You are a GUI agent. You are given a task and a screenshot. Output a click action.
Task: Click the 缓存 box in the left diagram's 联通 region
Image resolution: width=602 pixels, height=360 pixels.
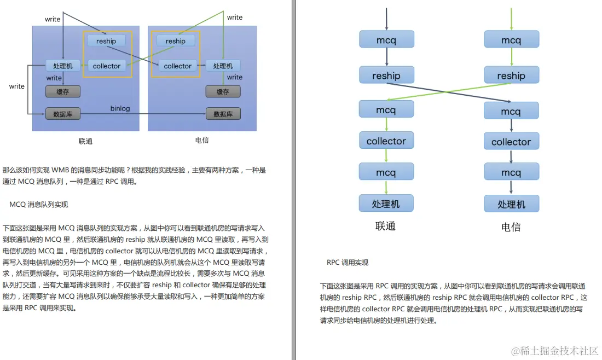[x=63, y=91]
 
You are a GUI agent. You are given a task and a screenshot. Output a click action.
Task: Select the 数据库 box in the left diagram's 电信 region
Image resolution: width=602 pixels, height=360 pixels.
[x=223, y=114]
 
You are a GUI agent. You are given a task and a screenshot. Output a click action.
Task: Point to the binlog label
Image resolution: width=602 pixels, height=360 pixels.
[x=120, y=108]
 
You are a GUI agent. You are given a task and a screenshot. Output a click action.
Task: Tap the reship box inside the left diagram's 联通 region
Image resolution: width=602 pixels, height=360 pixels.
[x=106, y=41]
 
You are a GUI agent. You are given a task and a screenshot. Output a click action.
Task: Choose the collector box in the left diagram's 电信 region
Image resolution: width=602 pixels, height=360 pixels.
[x=178, y=66]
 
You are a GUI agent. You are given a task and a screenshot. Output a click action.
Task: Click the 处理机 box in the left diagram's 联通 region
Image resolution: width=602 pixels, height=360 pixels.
[x=63, y=66]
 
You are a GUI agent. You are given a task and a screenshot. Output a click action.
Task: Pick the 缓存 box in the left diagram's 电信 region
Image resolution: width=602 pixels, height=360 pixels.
[x=223, y=91]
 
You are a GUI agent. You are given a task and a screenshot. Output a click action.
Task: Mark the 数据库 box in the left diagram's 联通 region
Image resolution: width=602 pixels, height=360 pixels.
[x=63, y=114]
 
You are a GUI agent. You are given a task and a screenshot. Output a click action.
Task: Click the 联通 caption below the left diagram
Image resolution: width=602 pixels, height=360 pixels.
[x=85, y=141]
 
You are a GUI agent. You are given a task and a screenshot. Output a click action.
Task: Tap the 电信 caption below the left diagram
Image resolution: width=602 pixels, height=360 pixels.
[x=202, y=140]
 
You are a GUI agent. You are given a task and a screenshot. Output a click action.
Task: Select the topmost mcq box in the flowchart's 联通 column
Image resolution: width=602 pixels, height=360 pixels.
[x=386, y=39]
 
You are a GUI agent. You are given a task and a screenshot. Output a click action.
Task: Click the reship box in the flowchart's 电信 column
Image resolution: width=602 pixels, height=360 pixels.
[x=511, y=76]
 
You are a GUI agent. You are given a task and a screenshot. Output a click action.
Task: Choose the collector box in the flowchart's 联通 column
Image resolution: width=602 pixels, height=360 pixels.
[x=386, y=141]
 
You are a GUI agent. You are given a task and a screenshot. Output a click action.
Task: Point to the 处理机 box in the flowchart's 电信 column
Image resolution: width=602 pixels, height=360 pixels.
[x=511, y=204]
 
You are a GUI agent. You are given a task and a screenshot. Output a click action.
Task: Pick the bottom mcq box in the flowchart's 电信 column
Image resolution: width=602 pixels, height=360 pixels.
[x=511, y=173]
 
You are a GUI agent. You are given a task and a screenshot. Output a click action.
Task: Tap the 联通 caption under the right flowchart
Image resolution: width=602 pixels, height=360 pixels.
[x=385, y=226]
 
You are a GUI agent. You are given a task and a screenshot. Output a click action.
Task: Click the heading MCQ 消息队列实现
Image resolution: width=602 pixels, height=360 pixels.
[x=39, y=204]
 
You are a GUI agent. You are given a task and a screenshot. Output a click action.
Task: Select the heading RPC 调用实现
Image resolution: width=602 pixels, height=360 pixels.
[x=348, y=263]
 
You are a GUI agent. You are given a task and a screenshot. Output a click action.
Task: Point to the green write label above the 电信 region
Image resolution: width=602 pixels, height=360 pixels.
[x=235, y=18]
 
